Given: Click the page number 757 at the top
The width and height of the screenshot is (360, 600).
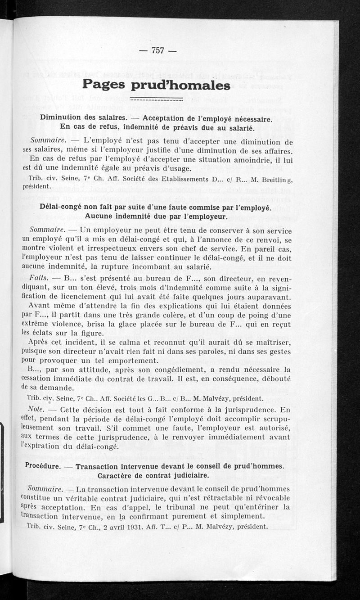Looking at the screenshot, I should (157, 50).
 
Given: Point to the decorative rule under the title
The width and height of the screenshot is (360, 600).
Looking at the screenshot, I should (156, 99).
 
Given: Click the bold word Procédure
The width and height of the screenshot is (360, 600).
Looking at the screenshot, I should (43, 467).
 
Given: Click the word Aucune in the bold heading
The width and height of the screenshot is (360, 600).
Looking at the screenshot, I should (101, 216).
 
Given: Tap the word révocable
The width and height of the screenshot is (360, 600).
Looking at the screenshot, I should (267, 497).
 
